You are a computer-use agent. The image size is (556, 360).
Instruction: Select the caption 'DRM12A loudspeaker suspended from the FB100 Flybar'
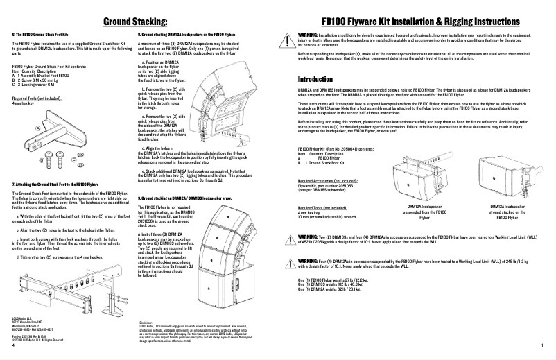[424, 212]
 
